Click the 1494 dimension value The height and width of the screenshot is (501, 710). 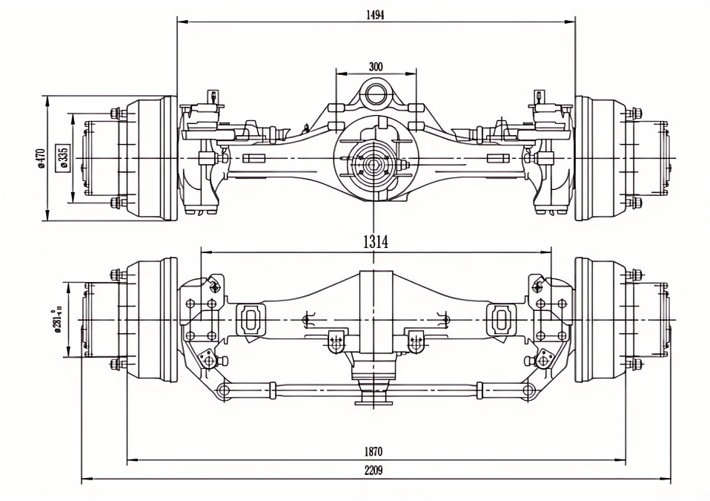(375, 13)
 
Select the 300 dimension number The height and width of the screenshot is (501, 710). (376, 67)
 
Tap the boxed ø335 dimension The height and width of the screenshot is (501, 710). (63, 158)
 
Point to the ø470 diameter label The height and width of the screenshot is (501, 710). (42, 158)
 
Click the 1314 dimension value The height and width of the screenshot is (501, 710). (376, 241)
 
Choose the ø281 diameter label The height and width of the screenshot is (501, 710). (56, 321)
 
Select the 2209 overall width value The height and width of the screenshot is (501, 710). (374, 471)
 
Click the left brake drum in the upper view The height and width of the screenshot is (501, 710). (148, 158)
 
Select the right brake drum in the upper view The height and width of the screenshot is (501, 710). (600, 158)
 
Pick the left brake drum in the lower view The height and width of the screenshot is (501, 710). (148, 321)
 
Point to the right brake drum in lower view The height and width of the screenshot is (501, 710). (600, 321)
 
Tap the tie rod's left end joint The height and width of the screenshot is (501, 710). (222, 390)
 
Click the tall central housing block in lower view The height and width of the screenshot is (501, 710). (375, 312)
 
